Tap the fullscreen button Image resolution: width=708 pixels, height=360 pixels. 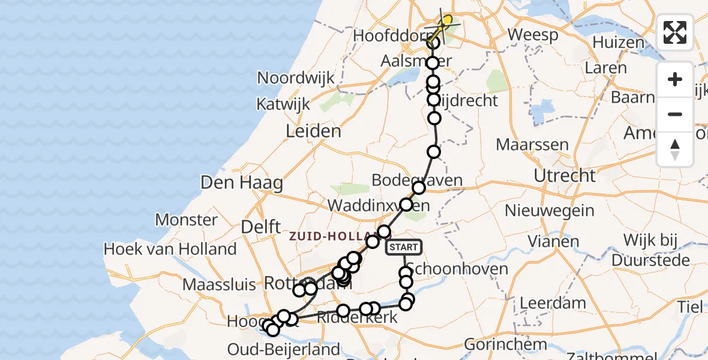click(675, 32)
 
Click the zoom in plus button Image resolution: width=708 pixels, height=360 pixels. click(675, 79)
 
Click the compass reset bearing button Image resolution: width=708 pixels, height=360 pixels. click(675, 149)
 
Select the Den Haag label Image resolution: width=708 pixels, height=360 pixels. click(242, 182)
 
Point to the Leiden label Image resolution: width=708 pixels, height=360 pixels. click(313, 131)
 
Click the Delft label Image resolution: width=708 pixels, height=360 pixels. click(261, 227)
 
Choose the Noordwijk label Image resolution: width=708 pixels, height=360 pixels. click(296, 78)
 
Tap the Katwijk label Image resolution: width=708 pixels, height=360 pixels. click(283, 104)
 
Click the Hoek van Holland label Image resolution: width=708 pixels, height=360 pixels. click(170, 248)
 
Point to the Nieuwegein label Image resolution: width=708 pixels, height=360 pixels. click(550, 211)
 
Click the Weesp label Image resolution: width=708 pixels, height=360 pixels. click(533, 35)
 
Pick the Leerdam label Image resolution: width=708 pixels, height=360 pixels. click(544, 302)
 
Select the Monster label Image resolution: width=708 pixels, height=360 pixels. click(187, 220)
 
